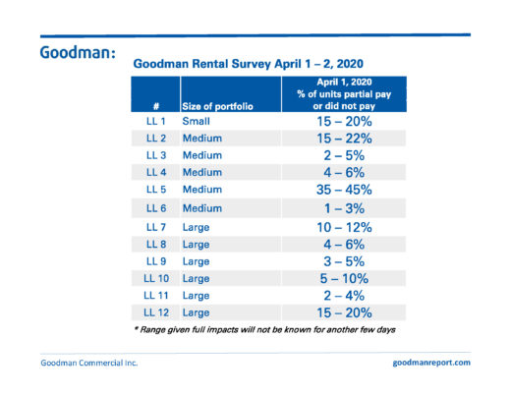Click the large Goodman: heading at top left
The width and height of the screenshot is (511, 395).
pyautogui.click(x=78, y=52)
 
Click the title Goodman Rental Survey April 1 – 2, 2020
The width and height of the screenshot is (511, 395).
pyautogui.click(x=248, y=64)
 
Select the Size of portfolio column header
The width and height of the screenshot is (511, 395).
pyautogui.click(x=217, y=106)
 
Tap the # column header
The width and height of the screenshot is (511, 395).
pyautogui.click(x=156, y=106)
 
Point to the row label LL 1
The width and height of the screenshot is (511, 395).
pyautogui.click(x=156, y=121)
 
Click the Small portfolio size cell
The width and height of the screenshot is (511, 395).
pyautogui.click(x=196, y=121)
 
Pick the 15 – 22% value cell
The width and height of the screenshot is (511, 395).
pyautogui.click(x=344, y=139)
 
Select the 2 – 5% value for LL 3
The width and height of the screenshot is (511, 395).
pyautogui.click(x=344, y=155)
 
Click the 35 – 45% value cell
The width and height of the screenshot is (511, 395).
pyautogui.click(x=344, y=190)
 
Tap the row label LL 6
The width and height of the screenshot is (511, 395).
pyautogui.click(x=156, y=208)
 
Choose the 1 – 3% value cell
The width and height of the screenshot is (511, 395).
pyautogui.click(x=344, y=208)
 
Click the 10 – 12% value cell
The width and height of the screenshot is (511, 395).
pyautogui.click(x=344, y=227)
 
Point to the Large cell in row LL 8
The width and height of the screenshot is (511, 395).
pyautogui.click(x=196, y=245)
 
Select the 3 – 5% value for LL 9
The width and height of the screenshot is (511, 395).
pyautogui.click(x=344, y=261)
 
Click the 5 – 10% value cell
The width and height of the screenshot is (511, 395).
pyautogui.click(x=344, y=279)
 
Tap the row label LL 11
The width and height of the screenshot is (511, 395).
pyautogui.click(x=156, y=296)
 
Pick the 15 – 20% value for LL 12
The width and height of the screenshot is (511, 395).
pyautogui.click(x=344, y=312)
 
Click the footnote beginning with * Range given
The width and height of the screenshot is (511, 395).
pyautogui.click(x=265, y=329)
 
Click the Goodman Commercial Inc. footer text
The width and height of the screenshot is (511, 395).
pyautogui.click(x=89, y=363)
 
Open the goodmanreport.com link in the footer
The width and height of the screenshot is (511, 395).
pyautogui.click(x=431, y=363)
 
